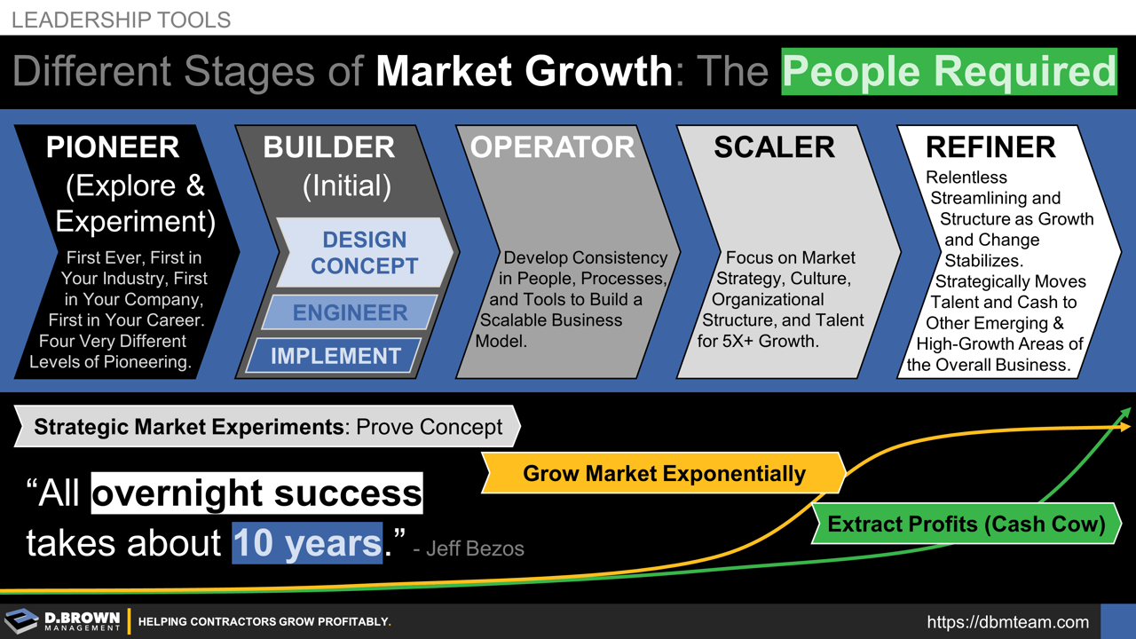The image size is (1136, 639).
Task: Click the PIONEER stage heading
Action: (x=113, y=147)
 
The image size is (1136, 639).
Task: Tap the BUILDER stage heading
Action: (x=328, y=147)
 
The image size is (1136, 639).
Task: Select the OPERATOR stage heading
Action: (x=552, y=147)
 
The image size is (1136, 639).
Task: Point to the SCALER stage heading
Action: (x=774, y=147)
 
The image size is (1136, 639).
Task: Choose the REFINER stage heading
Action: (x=990, y=147)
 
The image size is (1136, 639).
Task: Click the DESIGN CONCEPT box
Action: (x=364, y=253)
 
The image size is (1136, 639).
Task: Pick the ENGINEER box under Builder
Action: (x=350, y=312)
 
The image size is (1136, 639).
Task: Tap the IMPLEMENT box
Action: (x=335, y=356)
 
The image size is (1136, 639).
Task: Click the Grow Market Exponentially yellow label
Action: (x=664, y=473)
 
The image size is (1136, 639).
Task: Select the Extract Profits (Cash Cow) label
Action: (x=966, y=524)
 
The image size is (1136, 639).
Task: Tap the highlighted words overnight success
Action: (x=256, y=493)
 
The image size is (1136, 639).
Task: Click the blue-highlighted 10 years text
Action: (x=307, y=542)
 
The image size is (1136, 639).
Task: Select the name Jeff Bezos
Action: (x=475, y=548)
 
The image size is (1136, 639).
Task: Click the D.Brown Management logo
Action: (x=62, y=621)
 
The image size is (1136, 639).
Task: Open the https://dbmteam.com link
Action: (x=1007, y=622)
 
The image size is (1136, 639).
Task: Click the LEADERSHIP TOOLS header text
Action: (x=121, y=20)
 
